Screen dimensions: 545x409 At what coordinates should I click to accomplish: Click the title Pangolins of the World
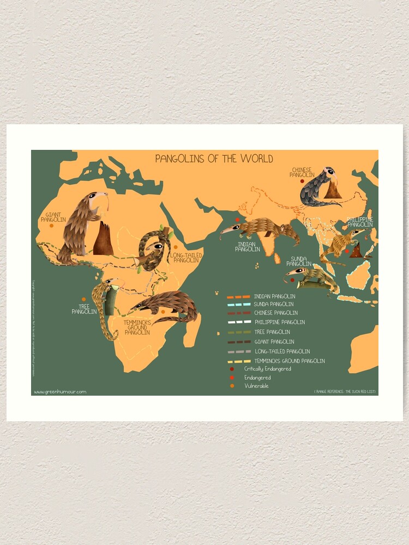click(x=214, y=159)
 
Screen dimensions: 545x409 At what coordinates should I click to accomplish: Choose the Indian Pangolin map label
click(x=247, y=246)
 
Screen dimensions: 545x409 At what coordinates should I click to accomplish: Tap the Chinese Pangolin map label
click(x=302, y=173)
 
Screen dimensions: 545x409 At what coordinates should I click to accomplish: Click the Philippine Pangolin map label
click(x=360, y=222)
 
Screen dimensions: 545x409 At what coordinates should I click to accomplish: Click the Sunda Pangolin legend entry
click(x=273, y=304)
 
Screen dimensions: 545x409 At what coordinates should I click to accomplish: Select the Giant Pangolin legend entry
click(x=272, y=342)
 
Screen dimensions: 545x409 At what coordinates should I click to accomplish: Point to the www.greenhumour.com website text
click(x=60, y=391)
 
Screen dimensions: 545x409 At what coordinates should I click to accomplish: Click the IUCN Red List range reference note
click(x=345, y=391)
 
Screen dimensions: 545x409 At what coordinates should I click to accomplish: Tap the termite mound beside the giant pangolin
click(x=103, y=240)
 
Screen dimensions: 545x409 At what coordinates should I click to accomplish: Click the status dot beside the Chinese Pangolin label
click(x=302, y=182)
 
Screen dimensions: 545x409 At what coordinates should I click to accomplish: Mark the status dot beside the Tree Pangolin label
click(x=83, y=299)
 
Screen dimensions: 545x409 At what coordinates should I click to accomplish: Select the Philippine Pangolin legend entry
click(x=280, y=323)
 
